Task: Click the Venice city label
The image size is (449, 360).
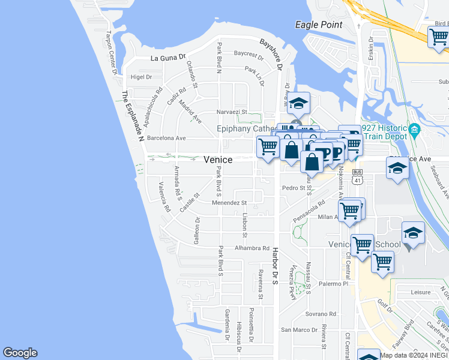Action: tap(218, 159)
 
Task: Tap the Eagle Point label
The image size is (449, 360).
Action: tap(319, 25)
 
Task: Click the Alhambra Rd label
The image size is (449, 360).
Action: tap(252, 248)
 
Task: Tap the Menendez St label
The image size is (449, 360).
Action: tap(229, 203)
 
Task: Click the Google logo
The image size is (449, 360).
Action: tap(20, 353)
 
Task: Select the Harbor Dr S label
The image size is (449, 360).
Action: tap(275, 265)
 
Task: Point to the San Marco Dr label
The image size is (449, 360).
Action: tap(300, 330)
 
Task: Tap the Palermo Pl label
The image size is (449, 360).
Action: tap(333, 283)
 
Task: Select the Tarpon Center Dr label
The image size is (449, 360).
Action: tap(111, 53)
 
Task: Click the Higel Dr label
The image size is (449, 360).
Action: tap(141, 77)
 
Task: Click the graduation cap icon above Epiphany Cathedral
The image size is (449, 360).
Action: tap(298, 103)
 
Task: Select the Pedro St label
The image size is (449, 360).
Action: tap(294, 188)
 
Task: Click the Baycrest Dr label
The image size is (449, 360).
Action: tap(249, 54)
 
